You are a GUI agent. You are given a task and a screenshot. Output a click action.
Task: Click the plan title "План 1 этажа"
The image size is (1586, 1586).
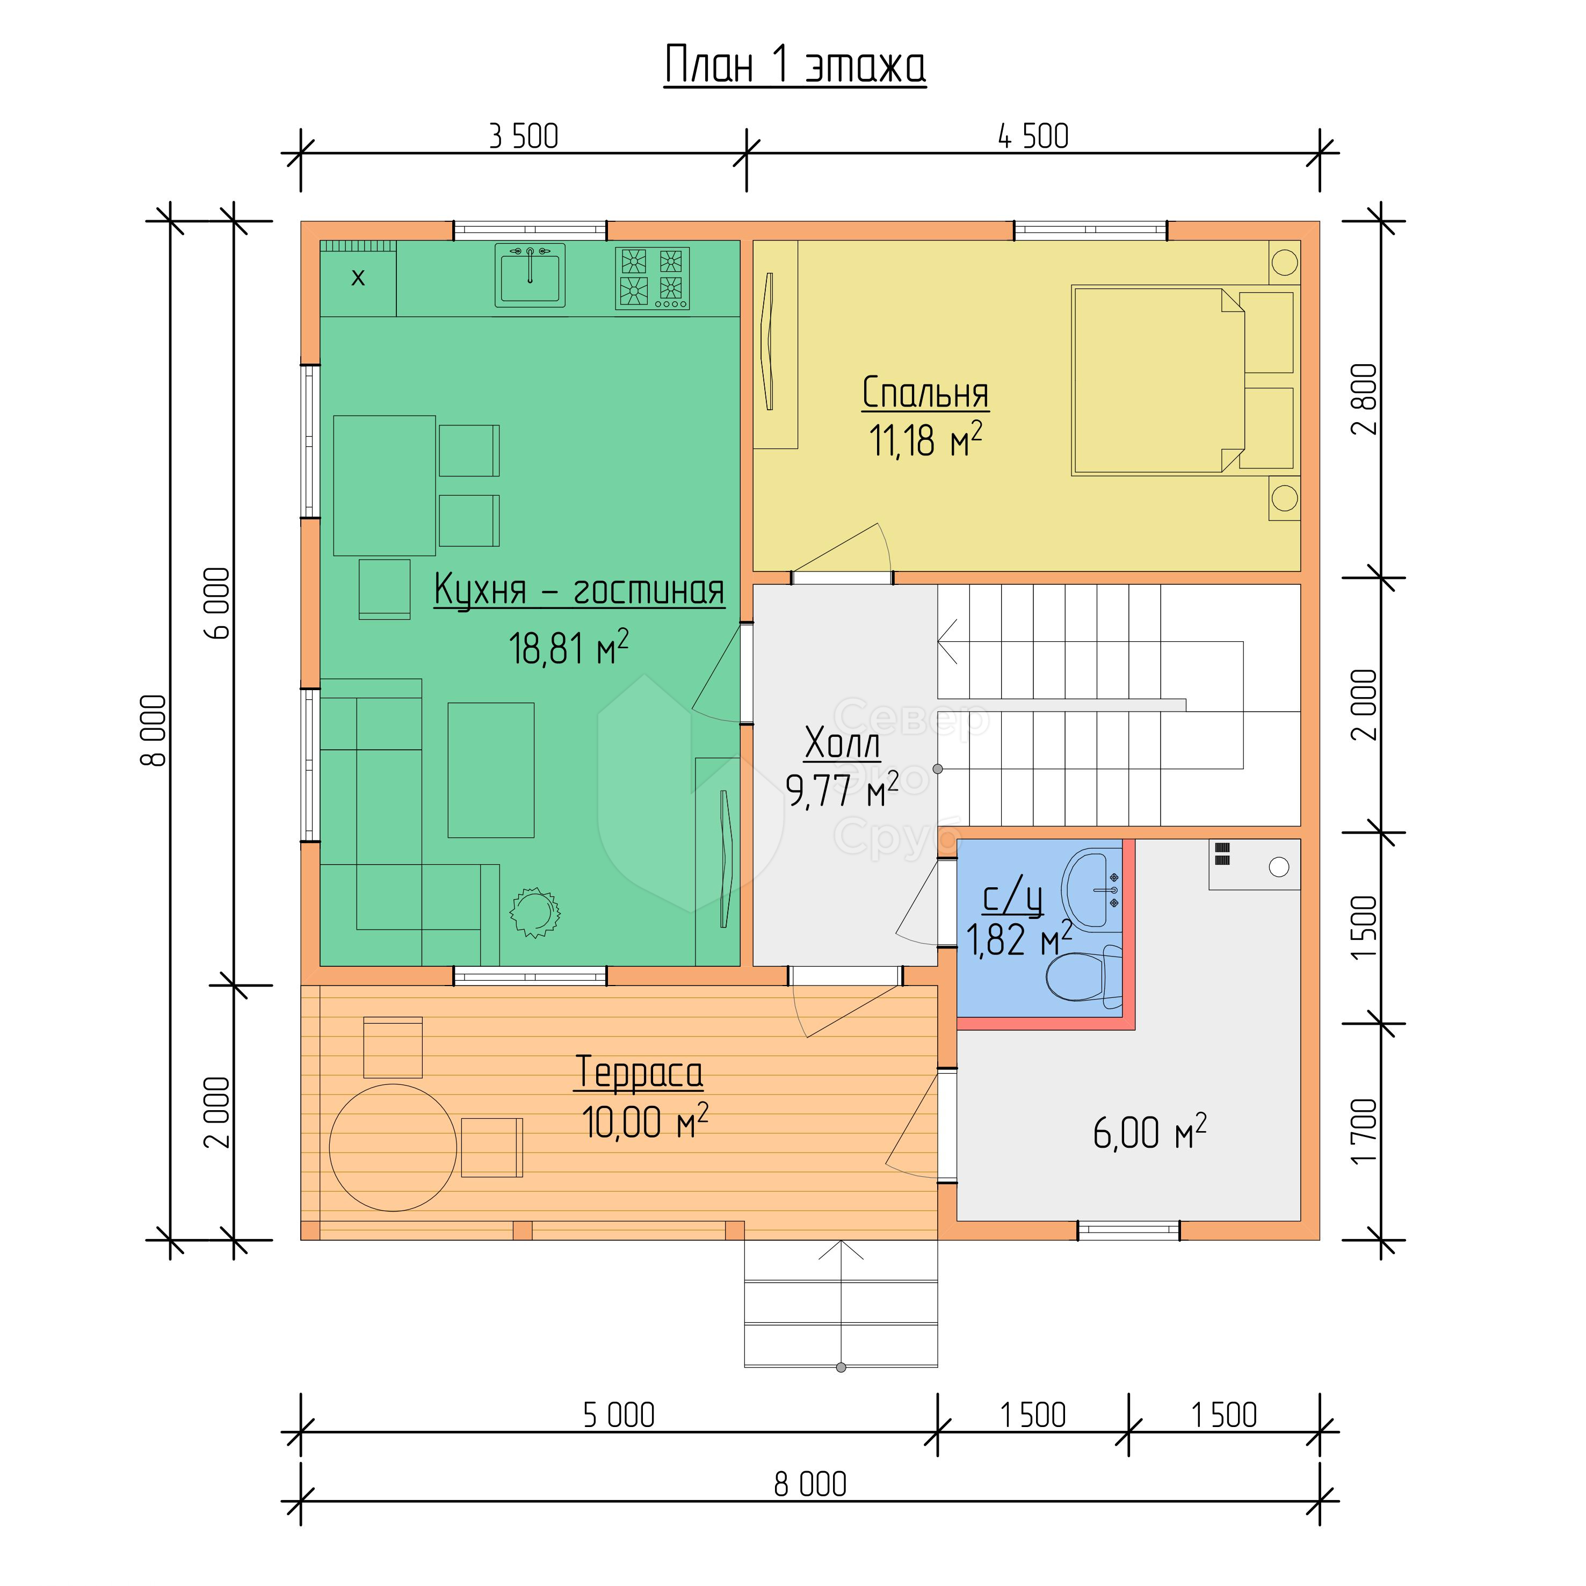click(x=795, y=65)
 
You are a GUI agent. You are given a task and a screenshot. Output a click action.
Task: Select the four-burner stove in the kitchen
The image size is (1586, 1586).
click(x=652, y=278)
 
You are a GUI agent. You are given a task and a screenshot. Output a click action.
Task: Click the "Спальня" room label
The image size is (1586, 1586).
click(x=925, y=393)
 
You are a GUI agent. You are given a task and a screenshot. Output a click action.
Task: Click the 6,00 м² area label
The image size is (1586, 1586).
click(x=1149, y=1133)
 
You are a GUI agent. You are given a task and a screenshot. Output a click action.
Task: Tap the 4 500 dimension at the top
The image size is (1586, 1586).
click(x=1033, y=136)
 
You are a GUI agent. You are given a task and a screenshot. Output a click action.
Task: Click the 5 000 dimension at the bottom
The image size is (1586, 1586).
click(x=618, y=1415)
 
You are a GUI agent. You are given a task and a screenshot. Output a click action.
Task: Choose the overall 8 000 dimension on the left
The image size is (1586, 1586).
click(x=154, y=730)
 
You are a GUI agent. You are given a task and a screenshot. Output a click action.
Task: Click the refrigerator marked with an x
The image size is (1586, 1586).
click(x=358, y=278)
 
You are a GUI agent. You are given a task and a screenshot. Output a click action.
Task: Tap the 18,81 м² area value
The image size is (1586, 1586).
click(x=569, y=648)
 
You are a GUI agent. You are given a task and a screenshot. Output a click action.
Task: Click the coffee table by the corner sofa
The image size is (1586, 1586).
click(x=491, y=770)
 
